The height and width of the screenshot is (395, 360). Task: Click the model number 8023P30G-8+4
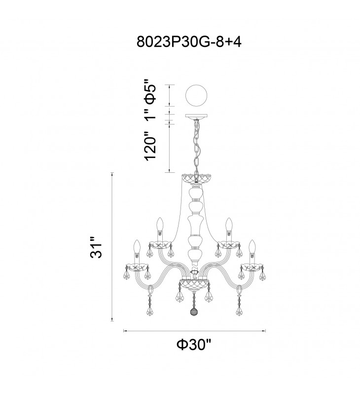(x=189, y=42)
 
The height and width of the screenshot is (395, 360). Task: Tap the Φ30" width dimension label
(x=194, y=344)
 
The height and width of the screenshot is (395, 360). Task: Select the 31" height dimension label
(x=97, y=247)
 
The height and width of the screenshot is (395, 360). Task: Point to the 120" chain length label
(x=150, y=146)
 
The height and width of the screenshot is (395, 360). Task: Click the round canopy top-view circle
(x=196, y=96)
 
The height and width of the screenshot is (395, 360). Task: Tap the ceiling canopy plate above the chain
(x=196, y=117)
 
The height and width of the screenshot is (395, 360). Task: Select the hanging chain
(x=196, y=147)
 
